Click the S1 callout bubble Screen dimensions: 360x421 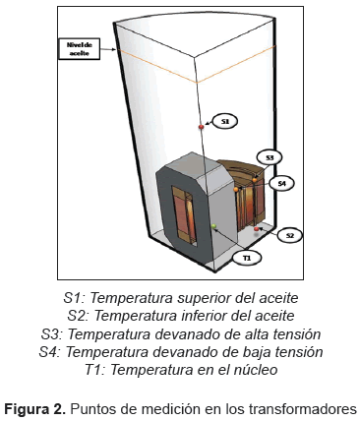[225, 121]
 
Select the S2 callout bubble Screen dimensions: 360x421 [289, 235]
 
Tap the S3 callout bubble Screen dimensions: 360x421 [270, 157]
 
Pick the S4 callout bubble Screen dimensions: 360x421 [281, 184]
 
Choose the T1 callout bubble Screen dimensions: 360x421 [247, 258]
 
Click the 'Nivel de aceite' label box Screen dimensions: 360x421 [79, 49]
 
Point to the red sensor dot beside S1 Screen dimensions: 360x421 [202, 127]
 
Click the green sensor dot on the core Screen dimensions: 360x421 [214, 226]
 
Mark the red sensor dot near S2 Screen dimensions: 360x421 [257, 229]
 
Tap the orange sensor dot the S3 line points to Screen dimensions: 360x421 [255, 180]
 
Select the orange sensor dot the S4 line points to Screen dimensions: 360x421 [236, 190]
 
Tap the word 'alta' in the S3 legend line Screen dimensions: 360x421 [253, 334]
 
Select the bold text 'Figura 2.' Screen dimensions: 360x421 [34, 409]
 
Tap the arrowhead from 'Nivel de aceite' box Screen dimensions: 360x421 [113, 50]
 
